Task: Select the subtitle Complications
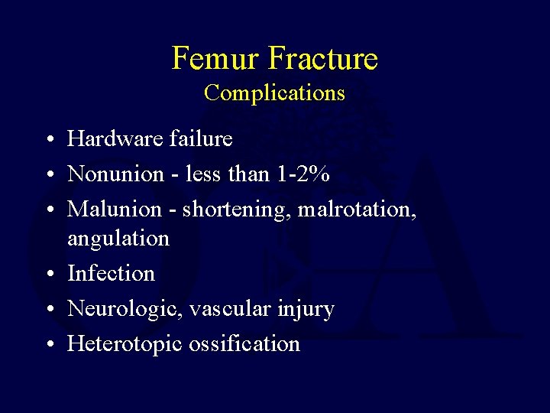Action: [x=274, y=93]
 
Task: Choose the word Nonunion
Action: [x=115, y=174]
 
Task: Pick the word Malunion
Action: [x=115, y=209]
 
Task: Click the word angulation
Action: [x=118, y=239]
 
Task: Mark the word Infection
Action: [x=111, y=273]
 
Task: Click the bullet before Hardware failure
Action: [x=48, y=140]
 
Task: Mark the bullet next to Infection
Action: [x=48, y=275]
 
